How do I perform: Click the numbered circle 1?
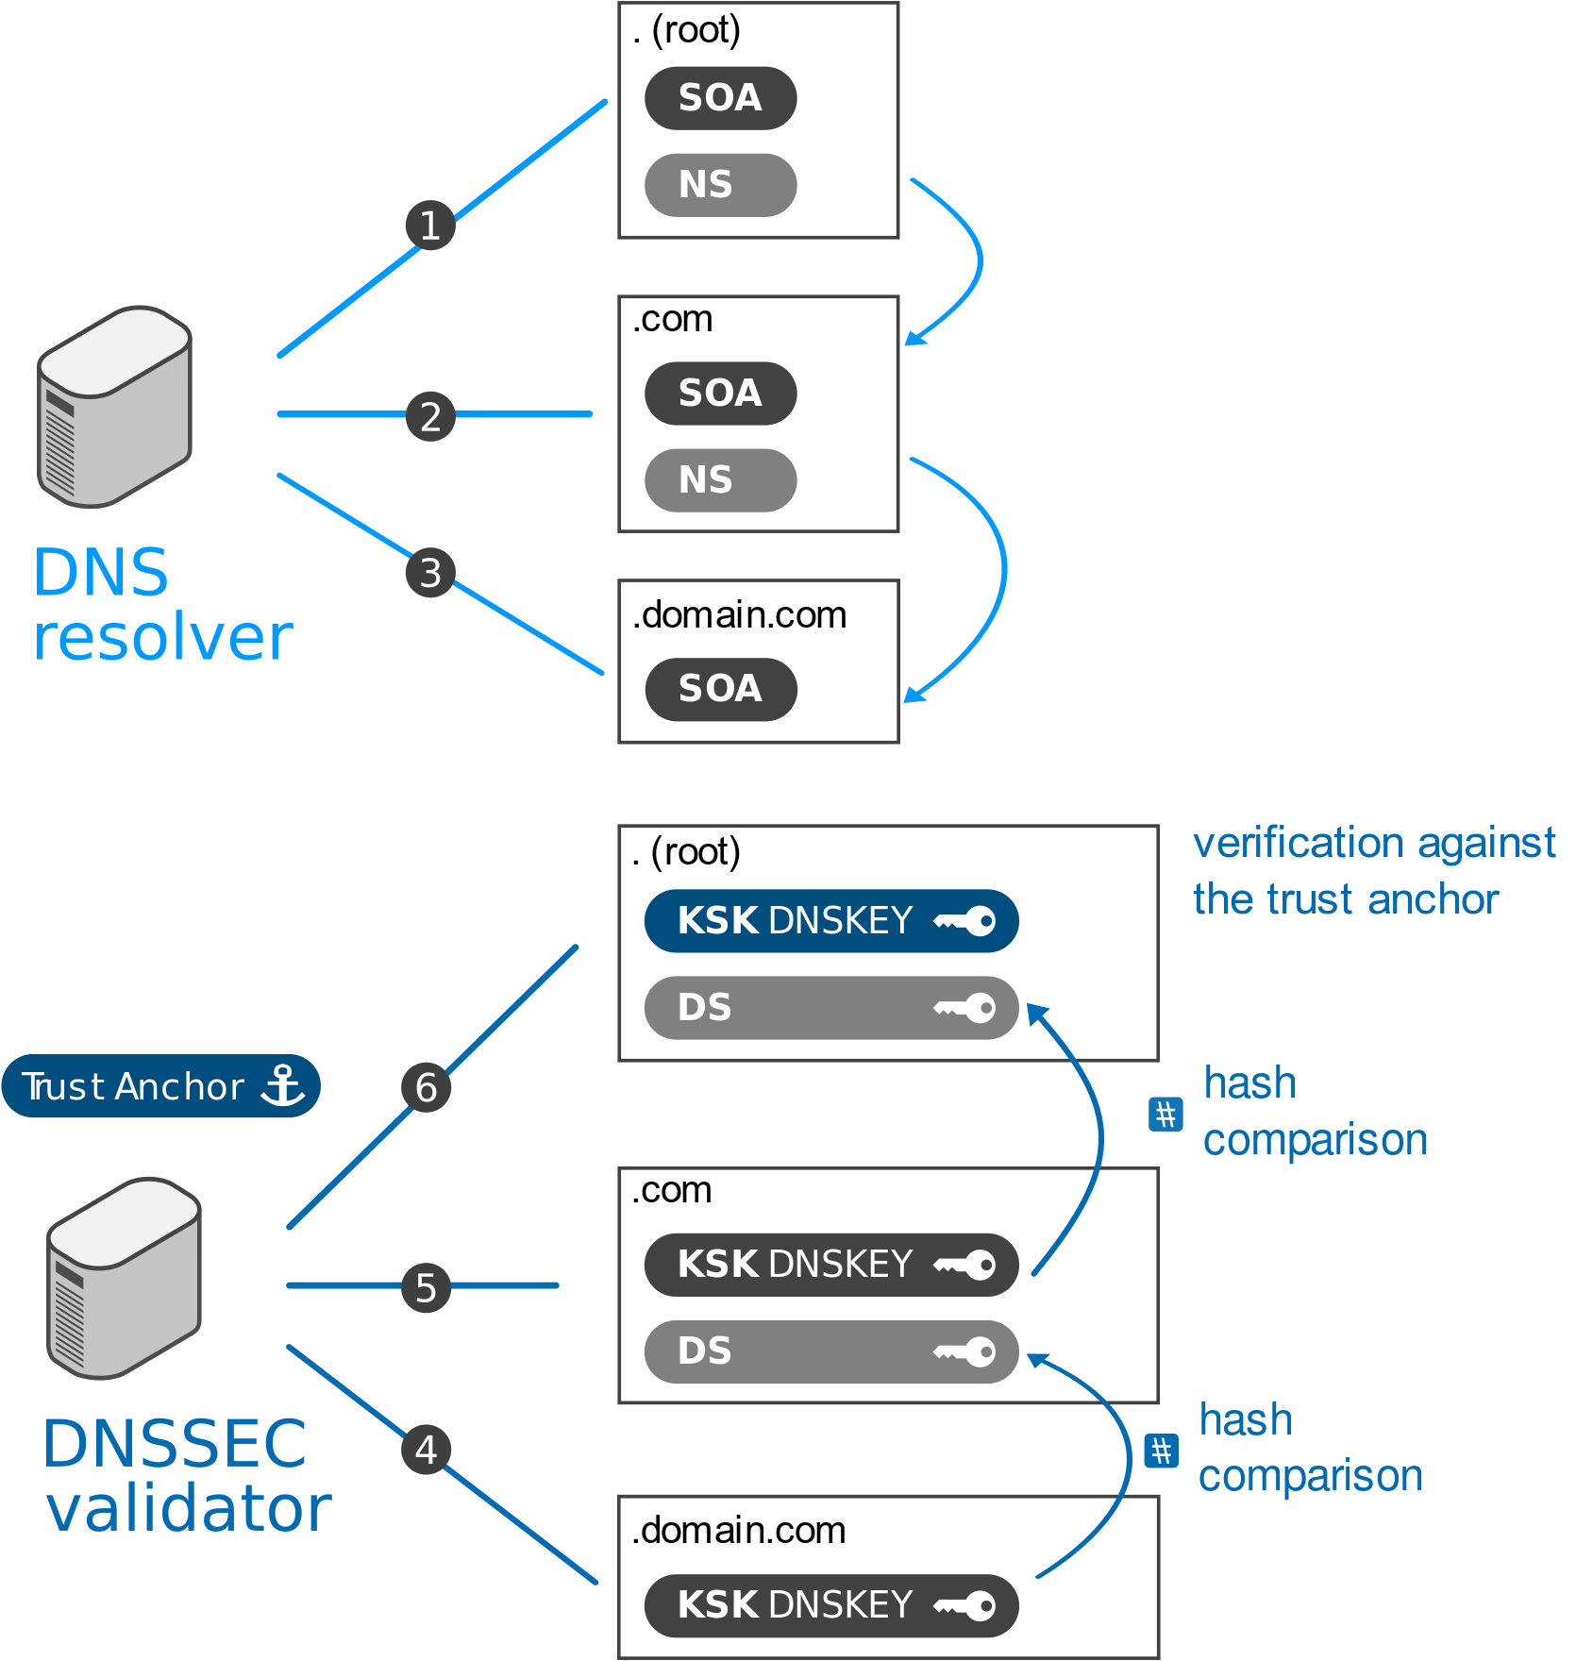click(x=430, y=226)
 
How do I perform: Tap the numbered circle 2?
click(x=430, y=416)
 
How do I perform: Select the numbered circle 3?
click(x=430, y=573)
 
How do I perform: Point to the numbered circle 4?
click(x=426, y=1450)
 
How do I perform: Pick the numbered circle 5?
click(x=426, y=1287)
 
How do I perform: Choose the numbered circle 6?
click(x=426, y=1087)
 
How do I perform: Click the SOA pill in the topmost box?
click(x=720, y=98)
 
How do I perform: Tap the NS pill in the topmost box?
click(x=720, y=185)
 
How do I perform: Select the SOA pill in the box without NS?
click(x=720, y=689)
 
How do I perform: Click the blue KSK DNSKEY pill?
click(x=830, y=920)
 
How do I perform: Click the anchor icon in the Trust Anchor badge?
click(x=282, y=1085)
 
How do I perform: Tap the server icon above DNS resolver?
click(x=115, y=407)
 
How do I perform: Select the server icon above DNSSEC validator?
click(x=125, y=1278)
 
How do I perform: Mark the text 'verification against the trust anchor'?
click(x=1373, y=871)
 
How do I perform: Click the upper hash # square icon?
click(x=1165, y=1115)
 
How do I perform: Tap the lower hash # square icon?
click(x=1161, y=1451)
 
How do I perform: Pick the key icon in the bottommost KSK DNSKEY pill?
click(x=965, y=1605)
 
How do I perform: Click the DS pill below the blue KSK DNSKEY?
click(x=830, y=1008)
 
